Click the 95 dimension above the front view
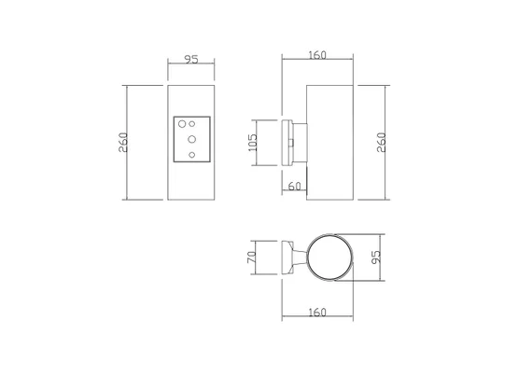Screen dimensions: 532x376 click(191, 60)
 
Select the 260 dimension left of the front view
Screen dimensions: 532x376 click(123, 143)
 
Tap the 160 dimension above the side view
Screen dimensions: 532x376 click(317, 55)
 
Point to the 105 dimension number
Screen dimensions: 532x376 click(253, 143)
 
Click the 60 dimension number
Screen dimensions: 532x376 click(295, 187)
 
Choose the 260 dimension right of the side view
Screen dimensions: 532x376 click(382, 143)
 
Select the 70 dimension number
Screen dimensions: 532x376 click(252, 257)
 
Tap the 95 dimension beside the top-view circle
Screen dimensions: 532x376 click(376, 257)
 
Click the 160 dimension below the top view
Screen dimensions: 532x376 click(317, 313)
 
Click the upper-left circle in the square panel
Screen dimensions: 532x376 click(182, 124)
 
